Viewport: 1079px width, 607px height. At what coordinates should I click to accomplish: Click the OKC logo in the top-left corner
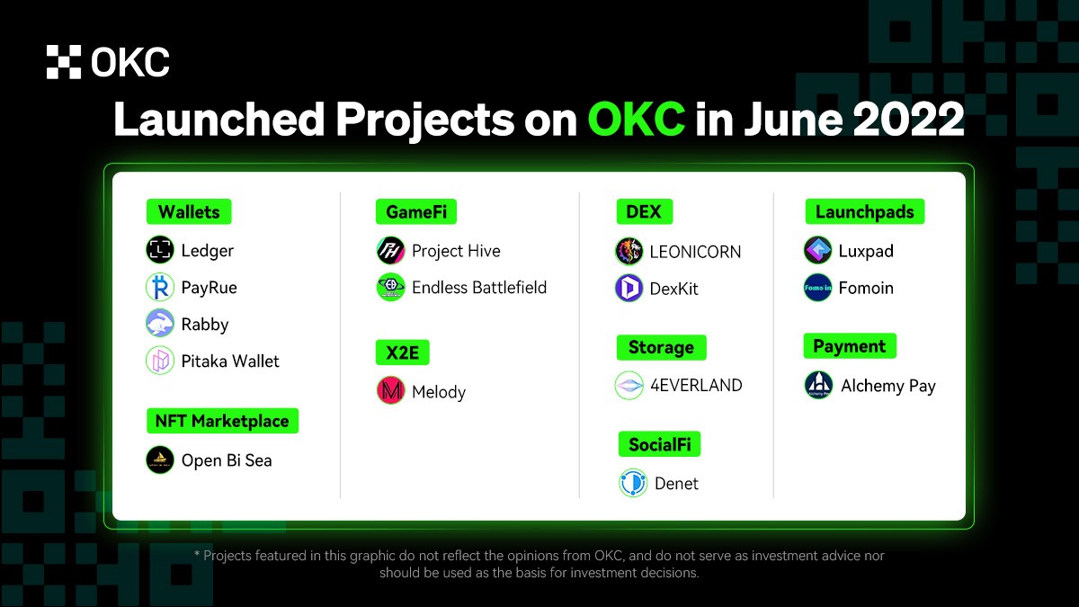(x=108, y=62)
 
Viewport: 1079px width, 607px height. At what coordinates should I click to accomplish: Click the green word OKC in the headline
(x=636, y=119)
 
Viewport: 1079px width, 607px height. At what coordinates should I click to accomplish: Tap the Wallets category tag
(x=189, y=212)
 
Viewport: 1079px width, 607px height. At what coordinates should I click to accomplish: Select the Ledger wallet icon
(x=160, y=250)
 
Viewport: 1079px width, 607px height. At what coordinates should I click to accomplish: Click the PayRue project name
(x=209, y=288)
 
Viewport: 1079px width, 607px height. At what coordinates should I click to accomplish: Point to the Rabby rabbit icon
(x=160, y=324)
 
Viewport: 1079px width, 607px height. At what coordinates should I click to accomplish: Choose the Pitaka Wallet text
(x=230, y=361)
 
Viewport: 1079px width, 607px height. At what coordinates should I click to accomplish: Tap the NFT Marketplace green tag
(x=221, y=421)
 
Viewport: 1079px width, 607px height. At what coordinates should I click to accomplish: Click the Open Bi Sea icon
(x=160, y=460)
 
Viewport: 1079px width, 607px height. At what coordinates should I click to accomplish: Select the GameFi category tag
(x=415, y=212)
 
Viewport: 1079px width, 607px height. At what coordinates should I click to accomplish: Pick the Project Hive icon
(x=390, y=251)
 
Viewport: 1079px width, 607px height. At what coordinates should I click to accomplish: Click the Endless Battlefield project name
(x=478, y=288)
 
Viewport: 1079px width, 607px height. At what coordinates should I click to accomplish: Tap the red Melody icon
(x=390, y=391)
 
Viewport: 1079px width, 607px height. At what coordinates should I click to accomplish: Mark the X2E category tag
(x=402, y=353)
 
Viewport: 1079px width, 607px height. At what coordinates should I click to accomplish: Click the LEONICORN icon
(x=629, y=251)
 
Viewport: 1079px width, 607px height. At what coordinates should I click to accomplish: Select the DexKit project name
(x=673, y=289)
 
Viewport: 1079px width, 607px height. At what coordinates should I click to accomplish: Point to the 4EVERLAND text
(x=696, y=385)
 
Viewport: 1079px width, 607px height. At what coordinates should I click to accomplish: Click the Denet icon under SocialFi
(x=633, y=483)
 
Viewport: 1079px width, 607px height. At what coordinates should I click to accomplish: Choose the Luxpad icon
(x=817, y=251)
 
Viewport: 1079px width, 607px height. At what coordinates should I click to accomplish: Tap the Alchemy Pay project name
(x=887, y=386)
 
